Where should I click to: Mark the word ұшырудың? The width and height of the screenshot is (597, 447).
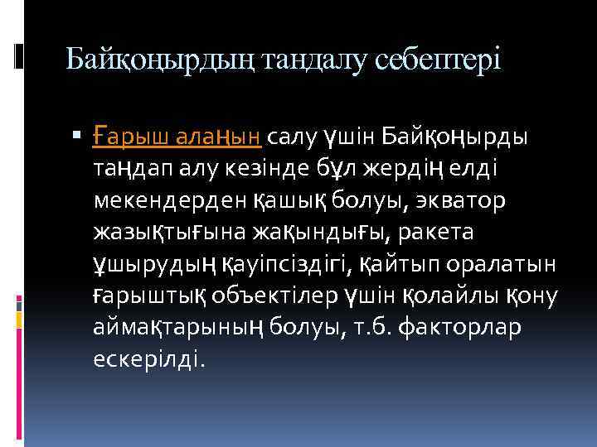tap(155, 266)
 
